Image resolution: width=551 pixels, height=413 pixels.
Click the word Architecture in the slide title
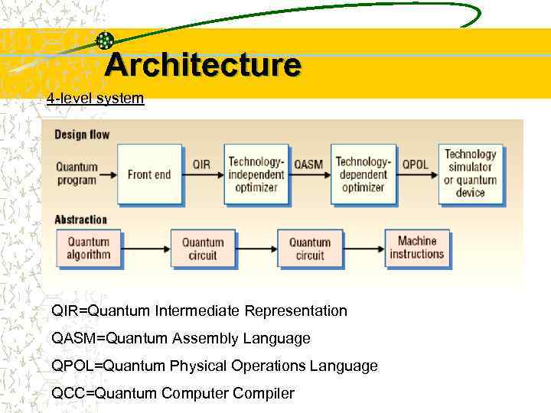click(x=203, y=65)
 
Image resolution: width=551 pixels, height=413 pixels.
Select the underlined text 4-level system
click(x=95, y=99)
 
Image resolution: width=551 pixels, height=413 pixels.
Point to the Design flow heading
click(x=82, y=135)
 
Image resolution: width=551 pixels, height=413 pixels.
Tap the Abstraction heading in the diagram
click(x=81, y=220)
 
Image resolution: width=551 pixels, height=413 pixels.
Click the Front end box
click(x=148, y=174)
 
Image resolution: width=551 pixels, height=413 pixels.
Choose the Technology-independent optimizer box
click(x=256, y=174)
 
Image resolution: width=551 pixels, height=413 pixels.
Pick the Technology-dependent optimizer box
click(x=363, y=174)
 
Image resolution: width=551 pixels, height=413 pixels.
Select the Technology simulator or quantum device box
click(x=470, y=174)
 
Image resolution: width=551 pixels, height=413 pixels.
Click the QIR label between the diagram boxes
click(x=201, y=164)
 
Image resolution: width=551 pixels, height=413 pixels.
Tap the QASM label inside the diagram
click(x=308, y=164)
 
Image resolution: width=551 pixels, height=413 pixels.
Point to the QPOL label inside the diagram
click(x=416, y=164)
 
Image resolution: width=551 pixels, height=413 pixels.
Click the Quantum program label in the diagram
click(x=77, y=174)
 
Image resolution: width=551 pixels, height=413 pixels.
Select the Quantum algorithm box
click(x=89, y=249)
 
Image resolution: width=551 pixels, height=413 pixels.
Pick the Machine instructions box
click(x=417, y=248)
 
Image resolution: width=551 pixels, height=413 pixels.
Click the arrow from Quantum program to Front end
click(x=108, y=174)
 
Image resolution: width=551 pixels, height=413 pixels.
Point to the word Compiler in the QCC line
click(x=266, y=394)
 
